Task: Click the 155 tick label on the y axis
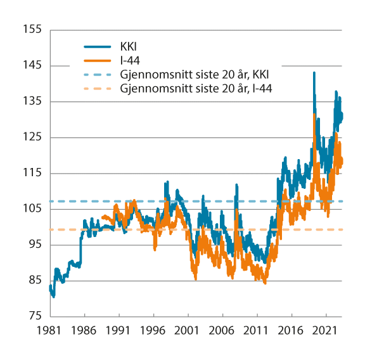point(32,30)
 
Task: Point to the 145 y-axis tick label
point(32,65)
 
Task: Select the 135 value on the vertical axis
point(32,101)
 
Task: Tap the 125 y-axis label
point(32,137)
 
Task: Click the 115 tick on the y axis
point(32,173)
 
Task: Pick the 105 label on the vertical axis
point(32,209)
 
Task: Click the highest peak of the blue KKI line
point(314,73)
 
